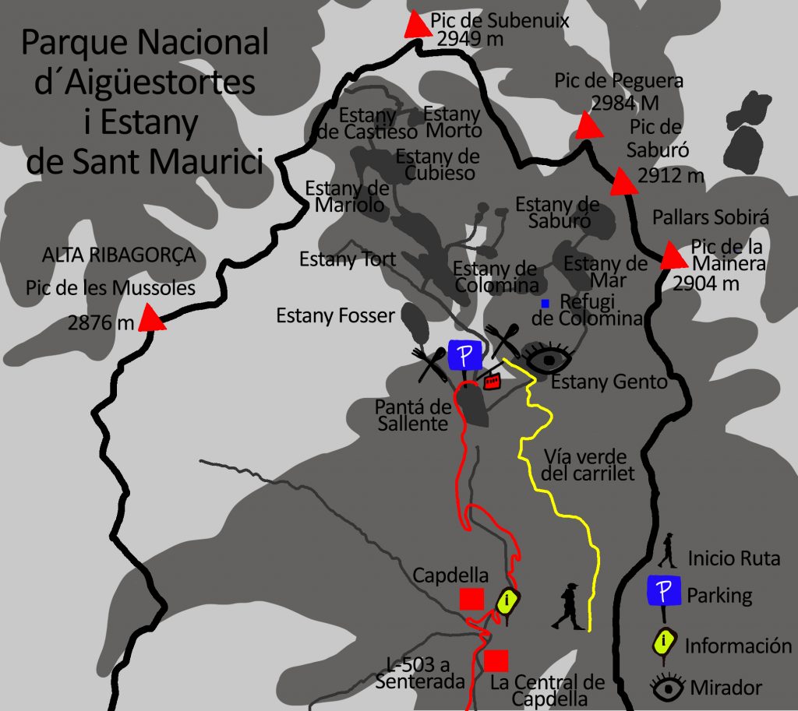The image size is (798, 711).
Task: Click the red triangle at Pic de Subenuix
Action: pos(416,26)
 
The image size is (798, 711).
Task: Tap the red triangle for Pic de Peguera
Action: pos(588,127)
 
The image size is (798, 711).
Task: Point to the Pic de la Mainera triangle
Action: pos(670,255)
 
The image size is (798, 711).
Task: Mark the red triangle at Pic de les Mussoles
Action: pos(153,319)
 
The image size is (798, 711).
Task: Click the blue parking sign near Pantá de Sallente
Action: pos(465,355)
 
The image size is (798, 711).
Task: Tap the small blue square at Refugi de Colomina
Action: pos(546,302)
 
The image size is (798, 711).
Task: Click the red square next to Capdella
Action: pos(471,599)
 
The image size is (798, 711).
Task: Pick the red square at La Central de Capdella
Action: pos(496,660)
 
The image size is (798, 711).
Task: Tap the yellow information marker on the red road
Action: pos(508,600)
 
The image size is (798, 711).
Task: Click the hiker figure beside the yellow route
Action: pos(567,607)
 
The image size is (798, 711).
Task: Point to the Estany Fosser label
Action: pos(336,315)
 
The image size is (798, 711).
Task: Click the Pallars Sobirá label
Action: pos(711,217)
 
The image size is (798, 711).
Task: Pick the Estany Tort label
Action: pos(348,259)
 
